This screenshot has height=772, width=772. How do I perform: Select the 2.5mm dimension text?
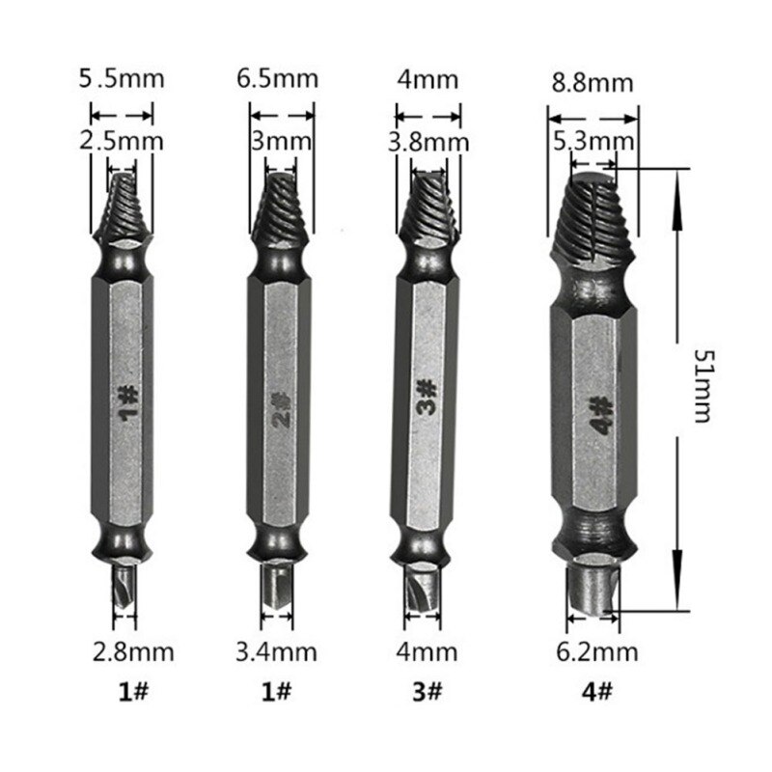click(122, 142)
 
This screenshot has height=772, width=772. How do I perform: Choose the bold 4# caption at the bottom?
click(597, 691)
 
